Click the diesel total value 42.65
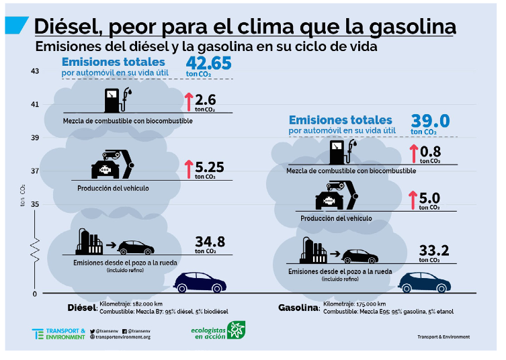(x=208, y=63)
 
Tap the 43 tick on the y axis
(x=35, y=71)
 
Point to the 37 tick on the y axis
(x=35, y=171)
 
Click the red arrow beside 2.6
(x=189, y=101)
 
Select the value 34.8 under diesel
(x=210, y=242)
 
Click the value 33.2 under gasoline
(x=433, y=251)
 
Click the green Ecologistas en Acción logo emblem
(x=236, y=330)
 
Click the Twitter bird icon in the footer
(x=92, y=331)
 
